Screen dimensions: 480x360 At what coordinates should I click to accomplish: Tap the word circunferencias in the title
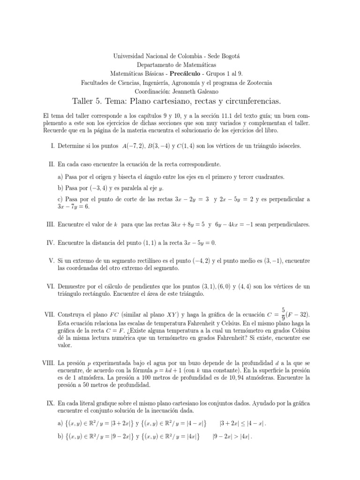(254, 101)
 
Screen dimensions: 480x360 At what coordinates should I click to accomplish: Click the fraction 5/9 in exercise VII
(283, 313)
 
